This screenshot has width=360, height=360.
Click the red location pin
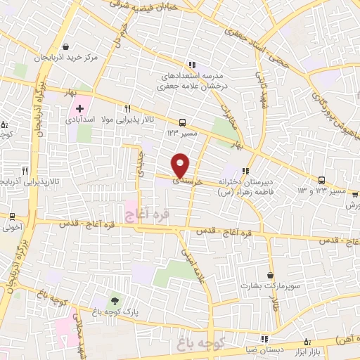[181, 165]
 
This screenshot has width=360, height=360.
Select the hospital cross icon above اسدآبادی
[79, 109]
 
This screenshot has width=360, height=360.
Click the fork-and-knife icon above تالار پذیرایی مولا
[128, 109]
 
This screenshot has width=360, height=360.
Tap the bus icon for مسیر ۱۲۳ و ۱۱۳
[322, 180]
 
